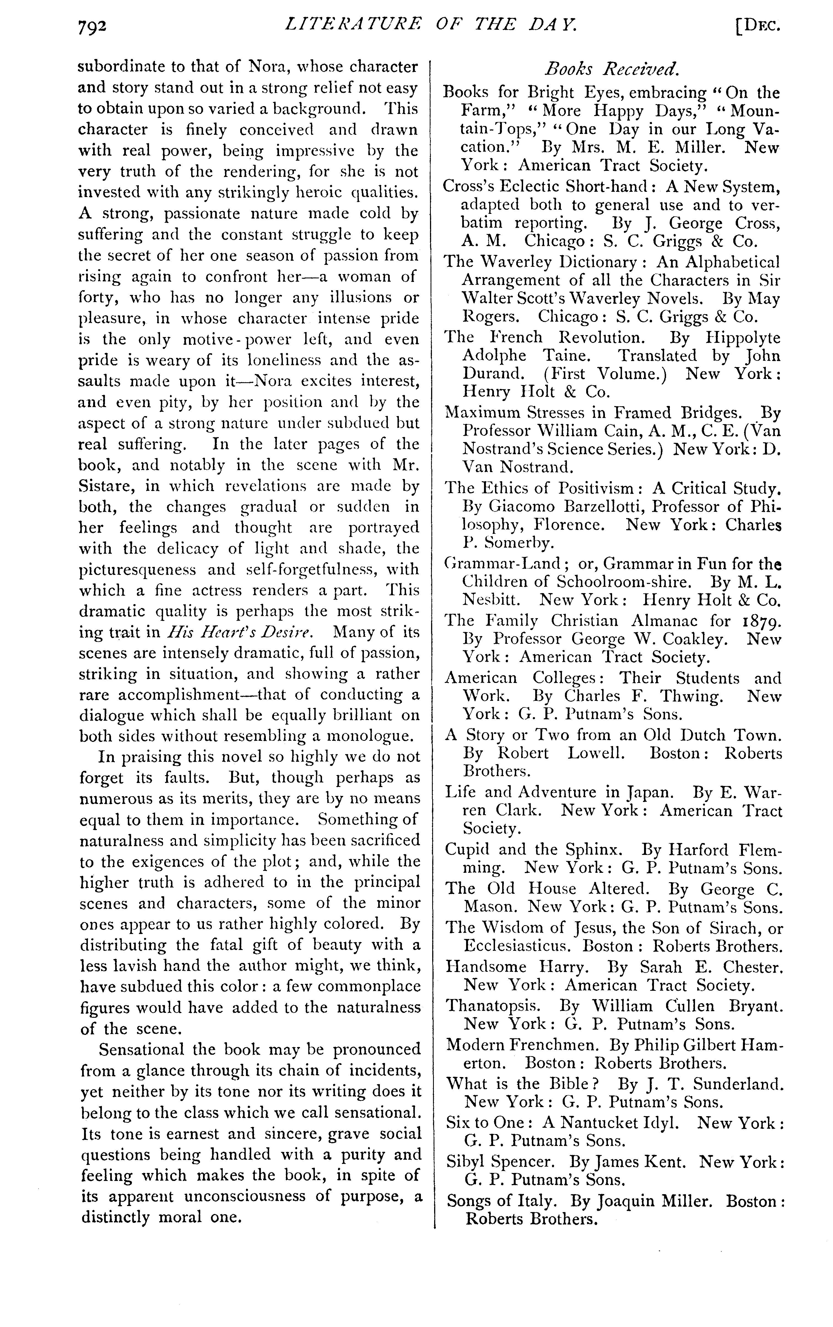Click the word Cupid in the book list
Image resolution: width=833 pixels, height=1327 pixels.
(x=468, y=849)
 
